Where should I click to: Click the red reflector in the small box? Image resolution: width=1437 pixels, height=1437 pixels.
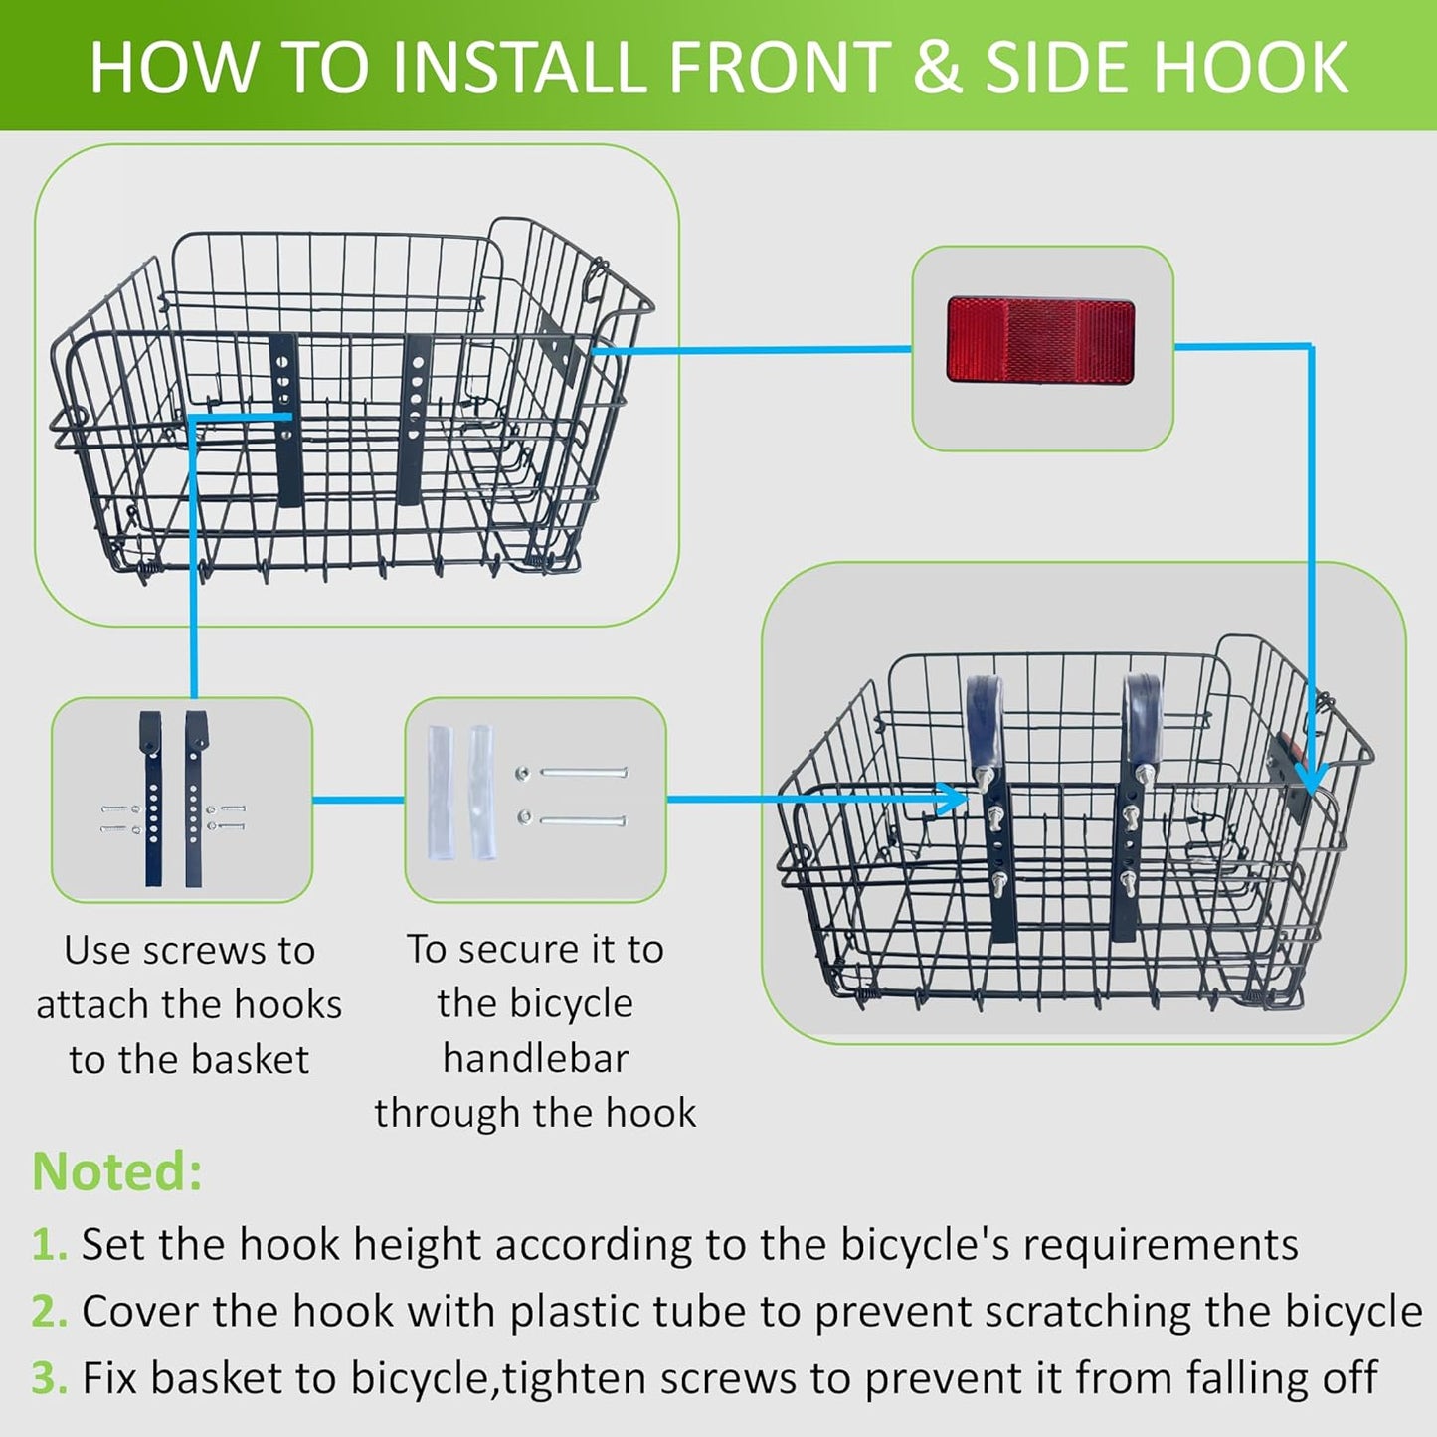coord(1040,339)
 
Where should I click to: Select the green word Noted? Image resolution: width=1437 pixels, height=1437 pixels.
coord(117,1171)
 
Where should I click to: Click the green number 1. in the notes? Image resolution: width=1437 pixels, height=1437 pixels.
coord(49,1245)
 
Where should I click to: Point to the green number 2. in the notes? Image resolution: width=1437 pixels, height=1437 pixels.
coord(49,1312)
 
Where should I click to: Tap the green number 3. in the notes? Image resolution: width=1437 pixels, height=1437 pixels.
coord(49,1378)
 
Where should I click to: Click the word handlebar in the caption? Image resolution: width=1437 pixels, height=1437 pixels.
coord(535,1058)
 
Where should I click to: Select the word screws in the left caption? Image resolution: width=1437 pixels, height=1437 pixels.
coord(207,951)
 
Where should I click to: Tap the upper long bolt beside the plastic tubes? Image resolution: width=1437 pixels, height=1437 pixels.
coord(583,772)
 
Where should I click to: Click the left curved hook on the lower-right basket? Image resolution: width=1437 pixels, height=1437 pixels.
coord(984,716)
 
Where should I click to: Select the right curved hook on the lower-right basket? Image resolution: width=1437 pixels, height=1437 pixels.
coord(1142,716)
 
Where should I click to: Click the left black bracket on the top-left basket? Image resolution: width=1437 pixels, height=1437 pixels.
coord(284,418)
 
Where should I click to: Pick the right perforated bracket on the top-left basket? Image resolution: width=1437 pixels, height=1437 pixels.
coord(414,418)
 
